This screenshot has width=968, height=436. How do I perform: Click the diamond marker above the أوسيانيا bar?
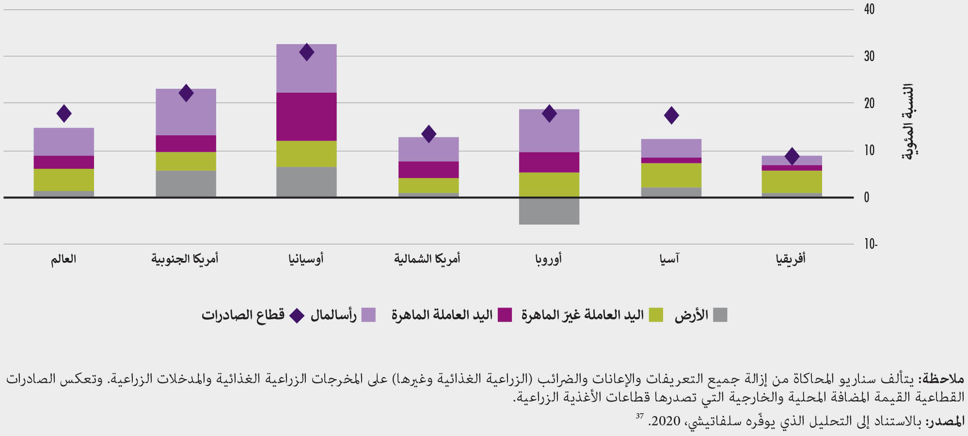pyautogui.click(x=306, y=52)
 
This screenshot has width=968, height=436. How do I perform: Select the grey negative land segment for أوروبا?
pyautogui.click(x=549, y=211)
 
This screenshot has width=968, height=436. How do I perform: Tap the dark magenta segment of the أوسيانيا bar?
pyautogui.click(x=306, y=116)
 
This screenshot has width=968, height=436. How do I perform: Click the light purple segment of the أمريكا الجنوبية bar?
pyautogui.click(x=186, y=112)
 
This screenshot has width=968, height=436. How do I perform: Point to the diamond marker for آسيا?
pyautogui.click(x=671, y=115)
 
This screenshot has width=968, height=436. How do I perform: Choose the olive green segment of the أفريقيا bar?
pyautogui.click(x=792, y=182)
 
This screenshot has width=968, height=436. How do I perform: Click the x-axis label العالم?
pyautogui.click(x=63, y=259)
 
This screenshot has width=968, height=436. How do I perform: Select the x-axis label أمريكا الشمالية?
pyautogui.click(x=427, y=259)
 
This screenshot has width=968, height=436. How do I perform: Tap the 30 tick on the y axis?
pyautogui.click(x=869, y=56)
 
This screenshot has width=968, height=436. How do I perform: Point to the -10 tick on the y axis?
pyautogui.click(x=871, y=244)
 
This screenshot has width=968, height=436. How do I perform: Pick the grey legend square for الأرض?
pyautogui.click(x=720, y=315)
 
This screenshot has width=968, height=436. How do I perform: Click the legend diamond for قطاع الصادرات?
pyautogui.click(x=297, y=316)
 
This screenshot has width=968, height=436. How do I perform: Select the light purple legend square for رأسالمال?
pyautogui.click(x=369, y=315)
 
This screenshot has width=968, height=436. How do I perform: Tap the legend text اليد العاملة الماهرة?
pyautogui.click(x=442, y=315)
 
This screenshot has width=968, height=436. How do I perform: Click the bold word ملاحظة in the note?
pyautogui.click(x=944, y=378)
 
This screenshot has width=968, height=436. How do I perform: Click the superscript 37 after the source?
pyautogui.click(x=640, y=416)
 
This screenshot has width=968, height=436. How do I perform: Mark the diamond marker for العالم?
pyautogui.click(x=64, y=113)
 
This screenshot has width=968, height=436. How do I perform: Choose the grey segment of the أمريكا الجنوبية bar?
pyautogui.click(x=186, y=184)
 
